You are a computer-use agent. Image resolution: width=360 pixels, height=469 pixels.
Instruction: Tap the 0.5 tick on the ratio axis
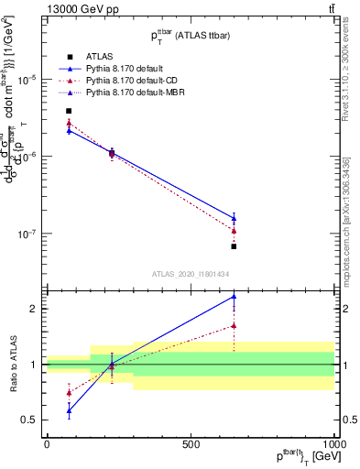[x=31, y=420]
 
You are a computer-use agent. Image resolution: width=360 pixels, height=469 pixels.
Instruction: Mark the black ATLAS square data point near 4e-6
[x=69, y=111]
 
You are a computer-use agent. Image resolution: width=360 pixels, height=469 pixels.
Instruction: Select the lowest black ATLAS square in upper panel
[x=234, y=246]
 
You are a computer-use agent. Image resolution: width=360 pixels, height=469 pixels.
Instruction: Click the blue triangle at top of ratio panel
[x=234, y=296]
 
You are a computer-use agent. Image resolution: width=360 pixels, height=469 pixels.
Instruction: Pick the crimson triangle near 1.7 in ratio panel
[x=234, y=325]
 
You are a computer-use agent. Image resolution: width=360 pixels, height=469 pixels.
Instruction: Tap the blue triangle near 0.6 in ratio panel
[x=69, y=410]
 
